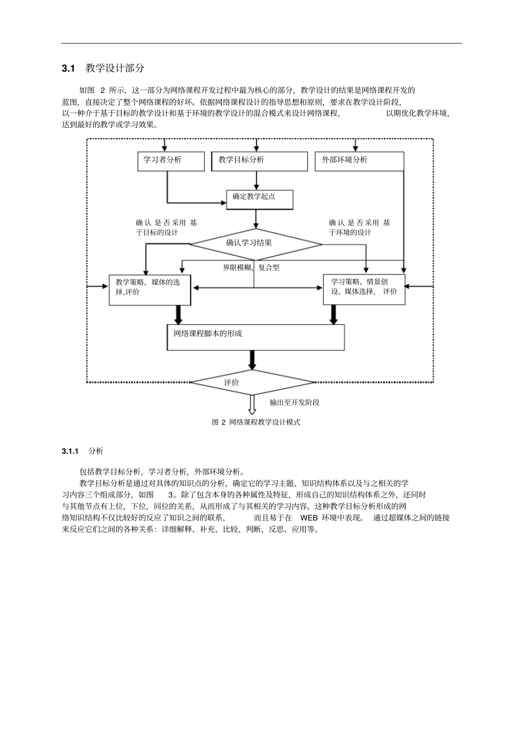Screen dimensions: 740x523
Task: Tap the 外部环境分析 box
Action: click(x=359, y=161)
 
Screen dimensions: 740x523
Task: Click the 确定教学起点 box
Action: click(x=259, y=199)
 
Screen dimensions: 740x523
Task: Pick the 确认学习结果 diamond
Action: click(x=256, y=243)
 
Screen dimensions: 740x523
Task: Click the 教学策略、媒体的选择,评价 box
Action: click(x=150, y=289)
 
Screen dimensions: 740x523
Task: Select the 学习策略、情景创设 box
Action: click(x=363, y=289)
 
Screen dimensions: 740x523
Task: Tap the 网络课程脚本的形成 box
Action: click(x=255, y=337)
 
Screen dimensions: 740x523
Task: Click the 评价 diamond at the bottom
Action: click(x=253, y=382)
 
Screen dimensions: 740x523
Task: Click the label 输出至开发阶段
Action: click(x=295, y=402)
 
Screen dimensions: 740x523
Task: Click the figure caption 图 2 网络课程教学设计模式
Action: click(x=256, y=422)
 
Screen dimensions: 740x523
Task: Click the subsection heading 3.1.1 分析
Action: click(x=83, y=451)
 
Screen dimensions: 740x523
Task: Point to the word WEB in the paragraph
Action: click(x=309, y=518)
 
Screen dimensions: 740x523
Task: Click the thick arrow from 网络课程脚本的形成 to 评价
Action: click(x=252, y=360)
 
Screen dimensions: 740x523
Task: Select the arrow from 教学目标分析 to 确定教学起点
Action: click(x=256, y=180)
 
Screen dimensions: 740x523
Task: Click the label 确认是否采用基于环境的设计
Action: click(x=359, y=227)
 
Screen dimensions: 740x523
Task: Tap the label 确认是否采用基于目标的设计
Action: click(x=166, y=227)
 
